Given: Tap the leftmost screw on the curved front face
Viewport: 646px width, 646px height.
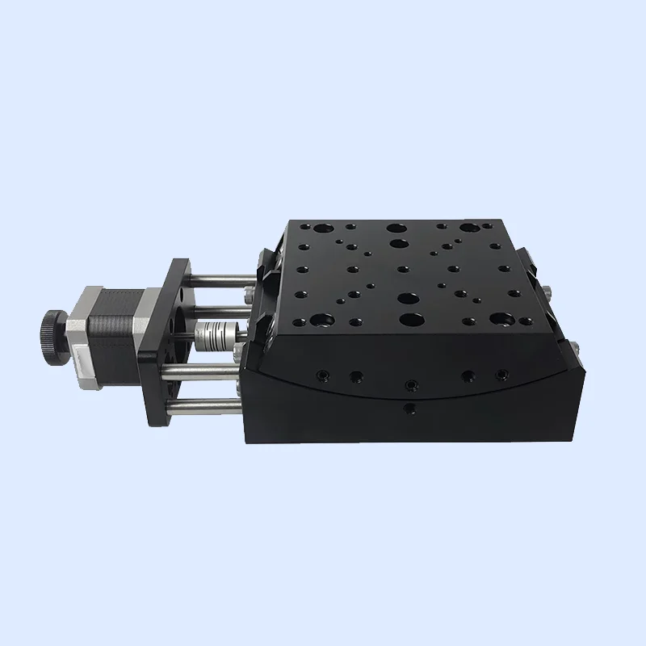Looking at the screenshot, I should coord(323,374).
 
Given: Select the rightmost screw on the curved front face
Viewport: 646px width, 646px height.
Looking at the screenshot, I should coord(502,374).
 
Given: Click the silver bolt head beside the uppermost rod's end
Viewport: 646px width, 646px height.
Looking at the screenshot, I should coord(247,287).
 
